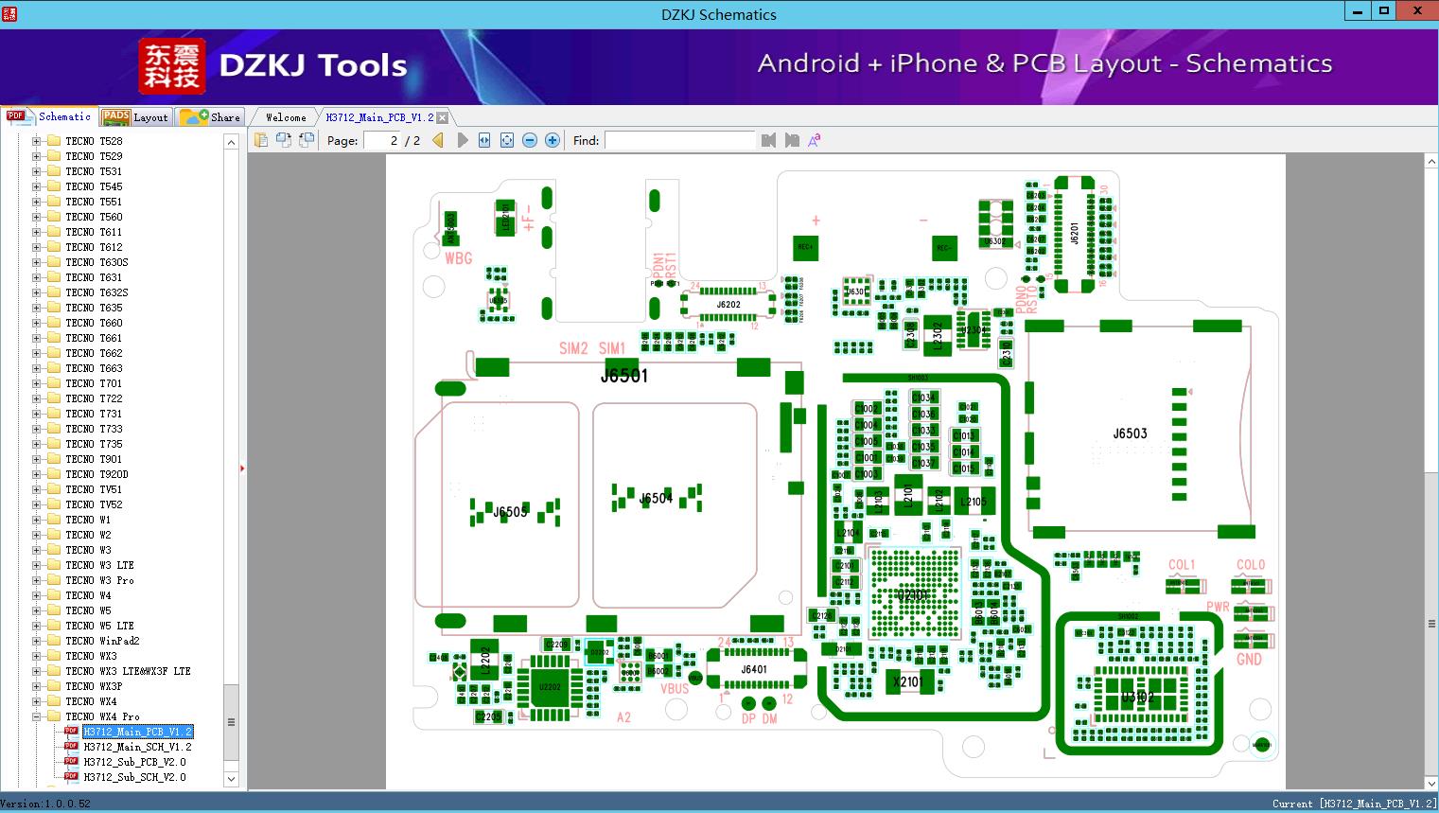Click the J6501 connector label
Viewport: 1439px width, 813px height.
coord(624,376)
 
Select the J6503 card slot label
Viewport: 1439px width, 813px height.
coord(1130,433)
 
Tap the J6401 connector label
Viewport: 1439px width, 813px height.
coord(754,669)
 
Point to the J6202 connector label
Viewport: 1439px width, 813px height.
coord(728,305)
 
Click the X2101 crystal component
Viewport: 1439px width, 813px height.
coord(908,681)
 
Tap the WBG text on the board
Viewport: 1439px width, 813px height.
coord(458,257)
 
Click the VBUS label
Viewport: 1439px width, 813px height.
coord(675,689)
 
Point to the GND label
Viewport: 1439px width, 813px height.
coord(1249,659)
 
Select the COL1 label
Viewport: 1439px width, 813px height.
coord(1181,565)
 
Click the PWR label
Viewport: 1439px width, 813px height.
coord(1218,607)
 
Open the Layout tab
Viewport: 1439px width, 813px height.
coord(136,117)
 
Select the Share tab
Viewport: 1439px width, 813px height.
coord(212,117)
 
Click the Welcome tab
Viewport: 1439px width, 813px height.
coord(286,117)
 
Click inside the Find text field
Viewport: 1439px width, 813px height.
coord(679,140)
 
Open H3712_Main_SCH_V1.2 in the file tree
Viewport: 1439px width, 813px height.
coord(137,747)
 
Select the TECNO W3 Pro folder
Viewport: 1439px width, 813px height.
coord(99,580)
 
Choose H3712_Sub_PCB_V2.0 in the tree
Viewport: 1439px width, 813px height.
coord(134,762)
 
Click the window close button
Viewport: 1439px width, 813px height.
coord(1417,11)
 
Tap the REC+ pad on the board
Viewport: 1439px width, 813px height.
coord(805,247)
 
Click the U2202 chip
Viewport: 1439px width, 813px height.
coord(549,686)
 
